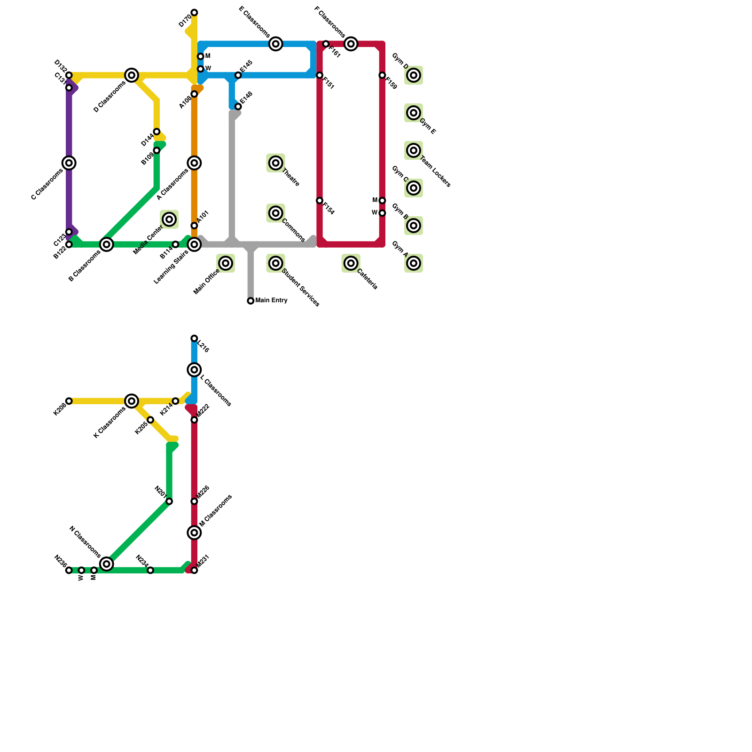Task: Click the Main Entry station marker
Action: click(251, 301)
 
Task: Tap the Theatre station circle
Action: click(276, 163)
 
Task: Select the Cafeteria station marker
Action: click(351, 263)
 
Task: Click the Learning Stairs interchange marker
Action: click(194, 244)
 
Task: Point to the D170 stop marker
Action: click(194, 12)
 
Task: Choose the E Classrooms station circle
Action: click(276, 44)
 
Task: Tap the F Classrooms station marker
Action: click(351, 44)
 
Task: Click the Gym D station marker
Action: click(414, 75)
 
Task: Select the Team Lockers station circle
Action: click(414, 150)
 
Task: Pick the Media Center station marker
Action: click(170, 219)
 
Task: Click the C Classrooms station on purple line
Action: click(69, 163)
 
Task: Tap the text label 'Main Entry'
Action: click(272, 300)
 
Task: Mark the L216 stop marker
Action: click(194, 338)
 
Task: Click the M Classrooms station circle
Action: click(194, 533)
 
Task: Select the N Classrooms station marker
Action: click(107, 564)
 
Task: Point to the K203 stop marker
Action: click(69, 401)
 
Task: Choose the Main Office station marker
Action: click(226, 263)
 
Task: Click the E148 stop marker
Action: click(238, 107)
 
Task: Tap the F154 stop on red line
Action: click(320, 201)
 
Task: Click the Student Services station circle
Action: click(276, 263)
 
